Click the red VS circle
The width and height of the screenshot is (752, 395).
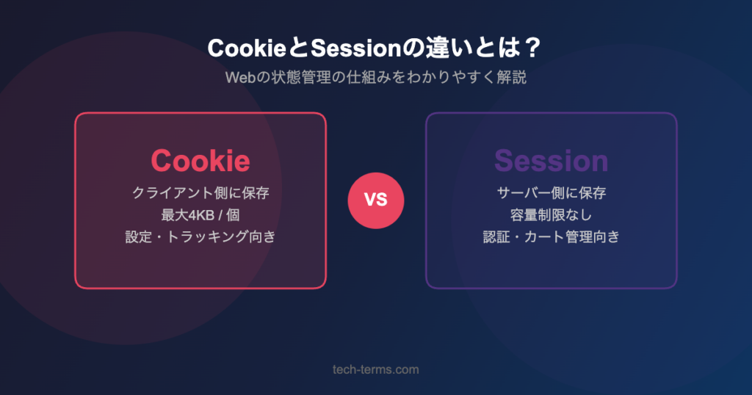(x=376, y=200)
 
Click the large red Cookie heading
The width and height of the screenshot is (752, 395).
(x=200, y=161)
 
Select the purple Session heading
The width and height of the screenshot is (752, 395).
(x=551, y=161)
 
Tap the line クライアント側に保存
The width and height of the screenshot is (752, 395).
(x=200, y=193)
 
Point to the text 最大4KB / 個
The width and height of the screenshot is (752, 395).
(x=200, y=215)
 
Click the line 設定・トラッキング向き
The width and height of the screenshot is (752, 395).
(x=200, y=237)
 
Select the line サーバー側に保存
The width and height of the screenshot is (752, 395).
(x=551, y=193)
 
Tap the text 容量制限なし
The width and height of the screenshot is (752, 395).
(x=551, y=215)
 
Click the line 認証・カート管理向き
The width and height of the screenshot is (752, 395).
(x=551, y=237)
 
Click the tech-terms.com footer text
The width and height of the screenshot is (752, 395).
(x=375, y=369)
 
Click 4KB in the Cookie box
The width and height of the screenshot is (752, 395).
(x=198, y=215)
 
